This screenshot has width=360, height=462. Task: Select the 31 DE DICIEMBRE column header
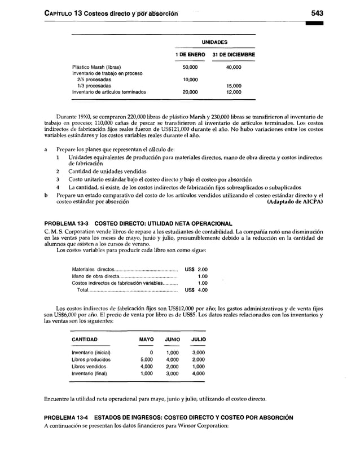[x=234, y=55]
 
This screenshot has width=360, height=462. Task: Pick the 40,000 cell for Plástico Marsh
[x=234, y=67]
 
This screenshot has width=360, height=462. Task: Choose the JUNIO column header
[x=172, y=339]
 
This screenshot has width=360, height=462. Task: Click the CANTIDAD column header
[x=84, y=339]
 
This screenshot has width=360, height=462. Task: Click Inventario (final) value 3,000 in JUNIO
[x=172, y=373]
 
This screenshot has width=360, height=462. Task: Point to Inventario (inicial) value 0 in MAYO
[x=150, y=352]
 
